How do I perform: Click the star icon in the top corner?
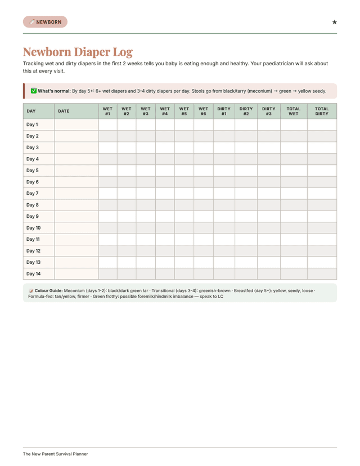[x=334, y=22]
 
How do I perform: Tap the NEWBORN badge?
[x=45, y=22]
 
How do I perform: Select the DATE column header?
[x=64, y=111]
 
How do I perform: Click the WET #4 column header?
[x=165, y=111]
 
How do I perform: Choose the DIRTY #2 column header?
[x=246, y=111]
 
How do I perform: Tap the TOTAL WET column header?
[x=293, y=111]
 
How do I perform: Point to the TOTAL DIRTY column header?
[x=322, y=111]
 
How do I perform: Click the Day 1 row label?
[x=32, y=124]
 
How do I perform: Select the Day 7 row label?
[x=32, y=193]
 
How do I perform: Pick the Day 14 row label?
[x=33, y=274]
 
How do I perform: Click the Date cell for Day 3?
[x=76, y=147]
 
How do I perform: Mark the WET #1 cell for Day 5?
[x=107, y=171]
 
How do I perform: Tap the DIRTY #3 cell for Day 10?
[x=268, y=228]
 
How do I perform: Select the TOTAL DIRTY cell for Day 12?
[x=322, y=250]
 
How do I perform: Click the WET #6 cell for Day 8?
[x=203, y=205]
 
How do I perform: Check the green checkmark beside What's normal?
[x=33, y=91]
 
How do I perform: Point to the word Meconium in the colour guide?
[x=75, y=290]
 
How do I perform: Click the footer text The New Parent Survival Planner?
[x=55, y=454]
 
